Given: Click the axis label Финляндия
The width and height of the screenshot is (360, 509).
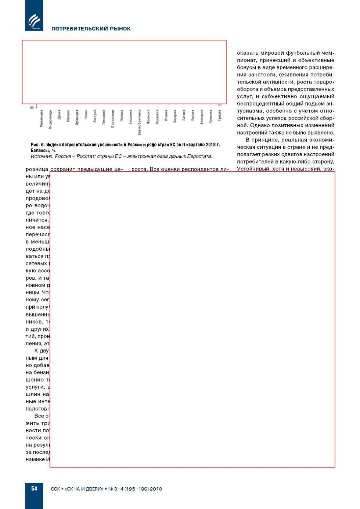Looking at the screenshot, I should click(x=42, y=118).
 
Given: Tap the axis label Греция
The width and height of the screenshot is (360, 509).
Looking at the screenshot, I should click(x=220, y=115).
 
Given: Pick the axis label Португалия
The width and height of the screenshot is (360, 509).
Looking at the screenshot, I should click(x=113, y=118).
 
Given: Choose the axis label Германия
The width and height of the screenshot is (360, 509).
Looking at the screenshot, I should click(x=104, y=117).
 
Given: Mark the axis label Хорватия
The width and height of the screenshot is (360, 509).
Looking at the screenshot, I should click(x=157, y=117).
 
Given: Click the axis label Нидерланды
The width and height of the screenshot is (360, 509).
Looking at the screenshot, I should click(x=50, y=119).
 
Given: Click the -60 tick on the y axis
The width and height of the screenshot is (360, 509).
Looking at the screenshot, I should click(x=32, y=108).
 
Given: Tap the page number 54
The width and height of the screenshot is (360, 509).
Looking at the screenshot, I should click(x=34, y=488).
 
